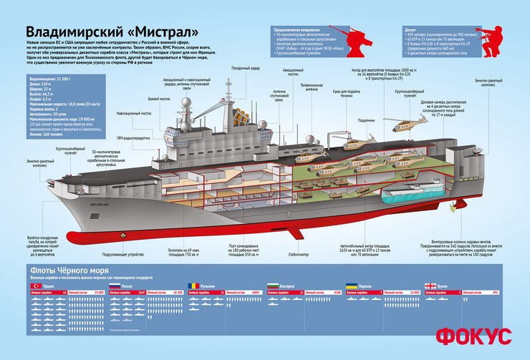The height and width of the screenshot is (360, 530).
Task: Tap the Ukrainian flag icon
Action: (x=352, y=286)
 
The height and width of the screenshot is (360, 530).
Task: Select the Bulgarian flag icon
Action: (x=273, y=286)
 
